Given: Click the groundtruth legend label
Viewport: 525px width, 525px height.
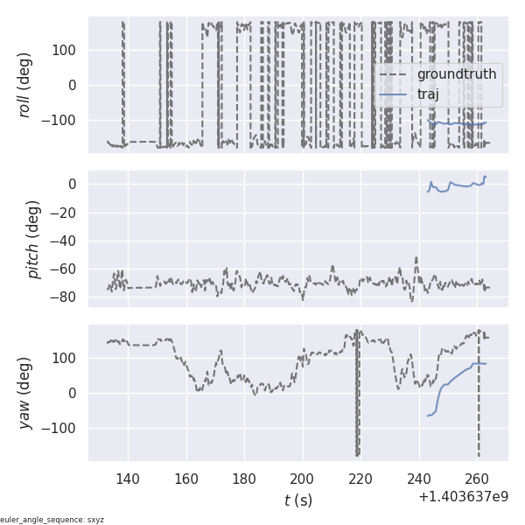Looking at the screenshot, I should [x=456, y=74].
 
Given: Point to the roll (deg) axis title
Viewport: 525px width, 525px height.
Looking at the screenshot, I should [x=34, y=84].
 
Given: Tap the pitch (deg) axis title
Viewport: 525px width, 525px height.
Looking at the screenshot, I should [x=34, y=239].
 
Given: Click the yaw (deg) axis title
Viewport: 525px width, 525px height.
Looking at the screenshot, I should [x=34, y=393].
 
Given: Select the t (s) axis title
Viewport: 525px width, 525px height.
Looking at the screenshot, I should [x=297, y=500].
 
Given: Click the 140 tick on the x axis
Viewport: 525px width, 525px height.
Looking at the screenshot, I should [x=128, y=479].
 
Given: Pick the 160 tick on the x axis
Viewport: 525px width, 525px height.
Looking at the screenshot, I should [x=186, y=479].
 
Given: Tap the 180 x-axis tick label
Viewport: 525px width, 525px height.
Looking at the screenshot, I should [x=244, y=479].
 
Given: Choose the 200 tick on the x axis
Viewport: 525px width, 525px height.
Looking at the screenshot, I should [x=303, y=479].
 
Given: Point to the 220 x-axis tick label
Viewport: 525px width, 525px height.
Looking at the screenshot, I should [x=361, y=479].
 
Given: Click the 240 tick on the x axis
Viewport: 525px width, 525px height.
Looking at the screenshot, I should [x=419, y=479].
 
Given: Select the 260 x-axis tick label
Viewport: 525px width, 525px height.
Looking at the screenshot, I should [x=478, y=479].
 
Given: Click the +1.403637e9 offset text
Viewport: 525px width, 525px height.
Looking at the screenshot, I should [x=463, y=496].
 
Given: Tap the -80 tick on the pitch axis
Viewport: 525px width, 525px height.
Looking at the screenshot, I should [x=66, y=297].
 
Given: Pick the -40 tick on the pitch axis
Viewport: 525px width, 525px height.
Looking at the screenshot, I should [x=66, y=241].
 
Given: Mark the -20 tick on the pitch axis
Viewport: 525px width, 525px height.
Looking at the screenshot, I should [x=66, y=212].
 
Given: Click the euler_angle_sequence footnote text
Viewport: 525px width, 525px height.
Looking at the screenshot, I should [x=52, y=520].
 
